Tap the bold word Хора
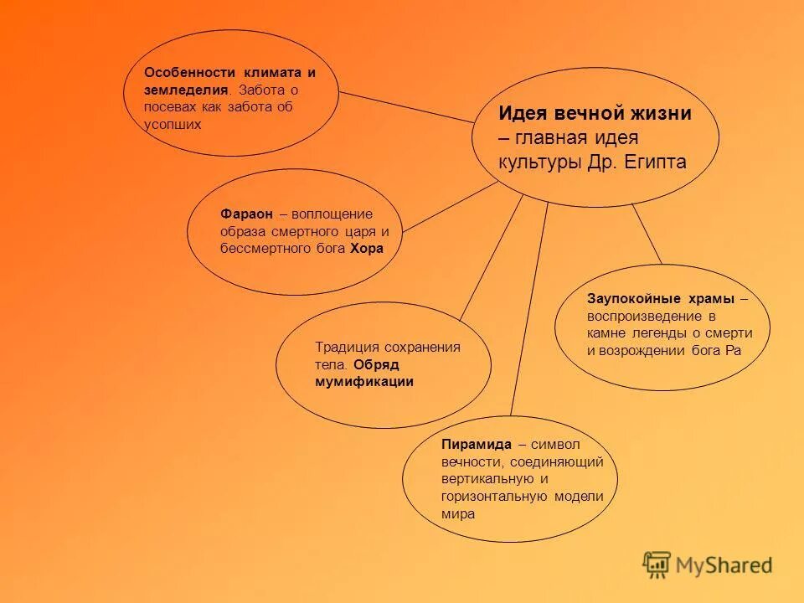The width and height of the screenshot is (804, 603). click(367, 249)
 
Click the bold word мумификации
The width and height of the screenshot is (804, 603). click(364, 381)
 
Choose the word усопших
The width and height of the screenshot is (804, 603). click(173, 124)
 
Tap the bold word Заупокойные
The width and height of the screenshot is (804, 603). click(638, 299)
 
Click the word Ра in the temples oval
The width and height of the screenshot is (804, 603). click(733, 351)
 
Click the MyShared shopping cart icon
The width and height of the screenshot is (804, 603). click(657, 564)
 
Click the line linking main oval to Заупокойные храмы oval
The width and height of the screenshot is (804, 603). click(647, 234)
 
